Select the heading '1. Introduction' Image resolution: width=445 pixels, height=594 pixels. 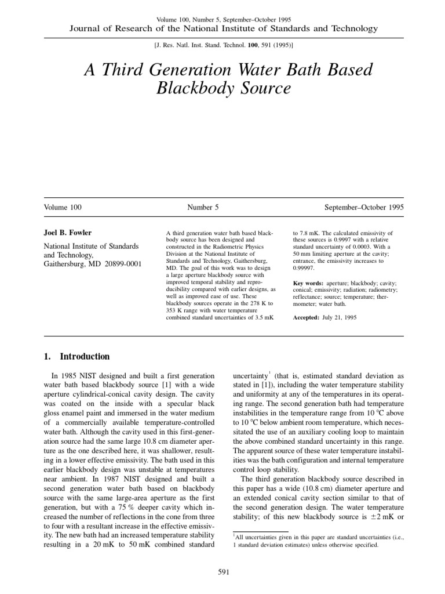tap(76, 357)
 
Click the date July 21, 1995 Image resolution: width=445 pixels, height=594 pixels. tap(338, 318)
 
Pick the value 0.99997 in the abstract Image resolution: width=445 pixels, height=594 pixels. tap(307, 269)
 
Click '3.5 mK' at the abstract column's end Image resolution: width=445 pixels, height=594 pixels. tap(264, 318)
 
